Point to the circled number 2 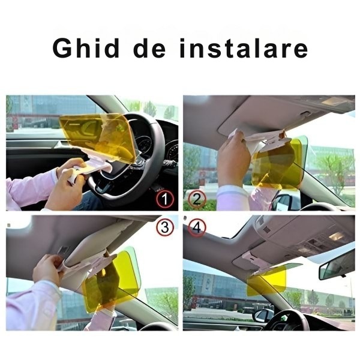click(197, 199)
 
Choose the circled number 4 click(197, 228)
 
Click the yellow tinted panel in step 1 click(96, 135)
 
